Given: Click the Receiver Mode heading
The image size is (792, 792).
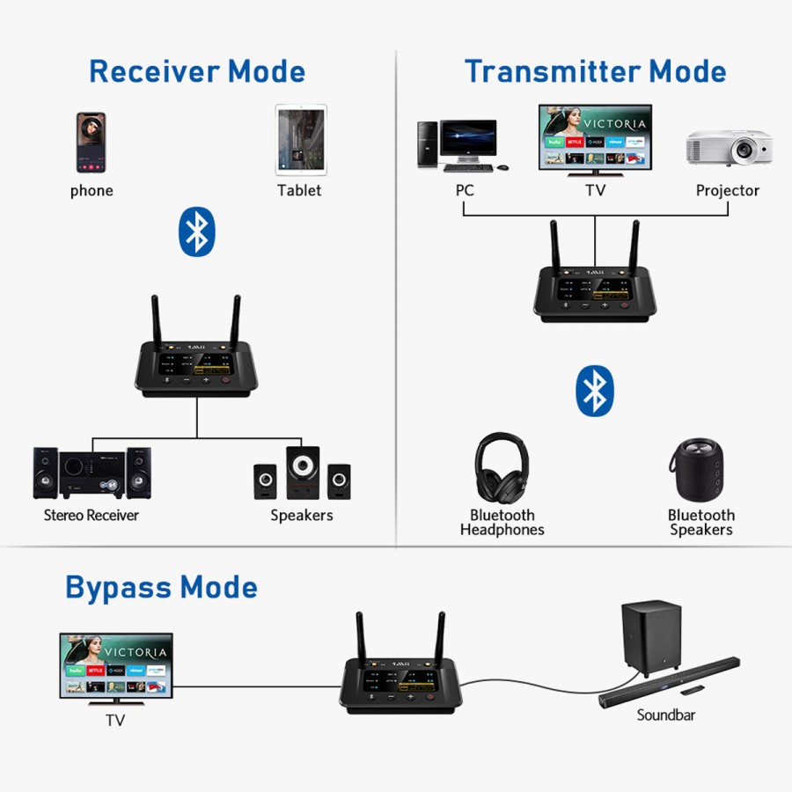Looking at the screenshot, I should (x=197, y=71).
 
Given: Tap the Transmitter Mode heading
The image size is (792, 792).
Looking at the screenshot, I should (x=595, y=71).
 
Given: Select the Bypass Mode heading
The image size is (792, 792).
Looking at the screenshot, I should (x=161, y=587).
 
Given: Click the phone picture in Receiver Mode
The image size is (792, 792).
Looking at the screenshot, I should (x=91, y=143).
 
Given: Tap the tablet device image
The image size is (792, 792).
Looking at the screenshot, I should (x=300, y=139).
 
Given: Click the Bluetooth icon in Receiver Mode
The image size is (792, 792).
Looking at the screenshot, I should (x=197, y=232).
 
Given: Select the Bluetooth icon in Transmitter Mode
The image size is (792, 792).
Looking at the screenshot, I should (x=595, y=391).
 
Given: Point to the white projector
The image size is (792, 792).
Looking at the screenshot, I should (x=728, y=148).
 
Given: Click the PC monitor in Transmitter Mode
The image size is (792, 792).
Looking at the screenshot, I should (x=467, y=143).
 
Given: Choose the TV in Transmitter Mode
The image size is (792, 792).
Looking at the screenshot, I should (x=595, y=136).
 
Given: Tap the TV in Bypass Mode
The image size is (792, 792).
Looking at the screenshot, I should (x=116, y=665).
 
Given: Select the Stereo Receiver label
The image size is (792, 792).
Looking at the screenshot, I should (x=92, y=515).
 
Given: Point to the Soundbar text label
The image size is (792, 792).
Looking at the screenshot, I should (x=665, y=715).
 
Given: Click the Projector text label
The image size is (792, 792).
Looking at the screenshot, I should (x=727, y=190).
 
